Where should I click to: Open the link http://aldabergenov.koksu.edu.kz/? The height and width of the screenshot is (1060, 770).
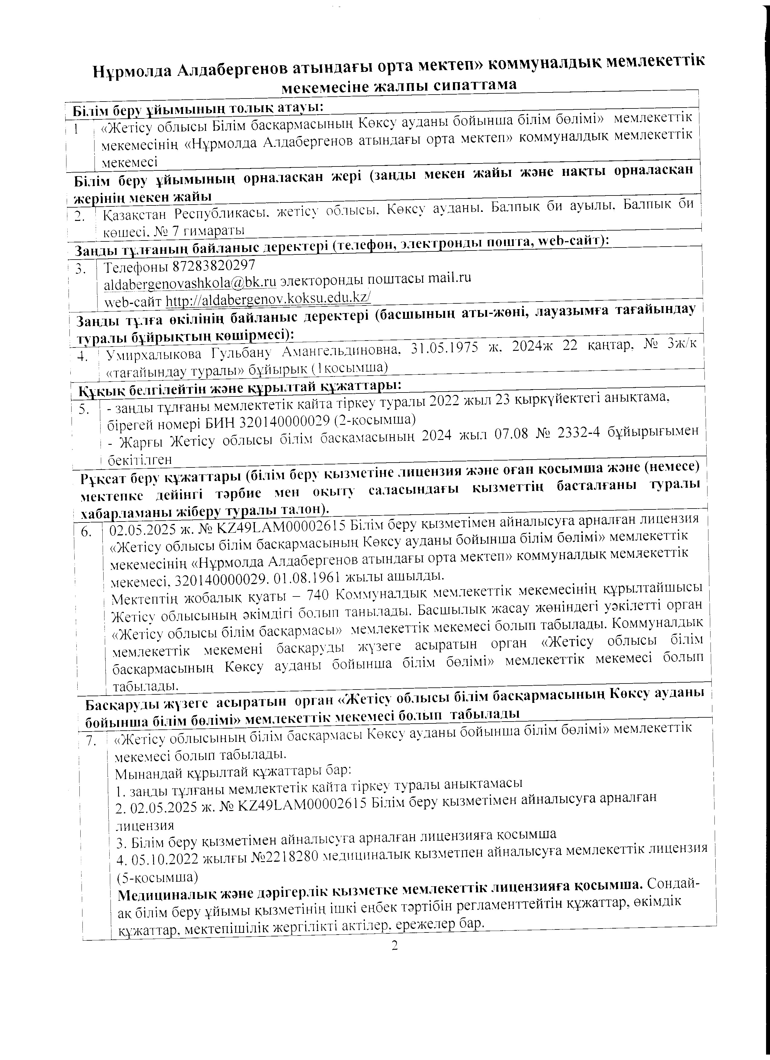click(268, 299)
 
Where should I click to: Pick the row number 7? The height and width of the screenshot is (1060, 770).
click(91, 741)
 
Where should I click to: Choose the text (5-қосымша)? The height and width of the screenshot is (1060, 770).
click(157, 877)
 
